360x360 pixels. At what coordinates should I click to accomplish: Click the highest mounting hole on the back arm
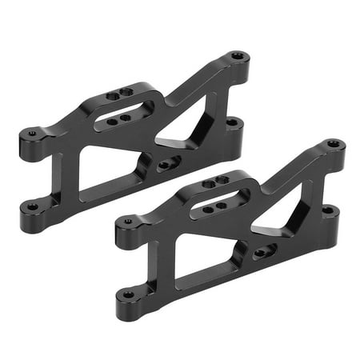tap(238, 57)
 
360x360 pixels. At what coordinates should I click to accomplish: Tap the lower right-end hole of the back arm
tap(232, 122)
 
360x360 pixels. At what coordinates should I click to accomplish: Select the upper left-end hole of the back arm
tap(32, 134)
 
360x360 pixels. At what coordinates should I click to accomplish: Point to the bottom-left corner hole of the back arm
tap(33, 206)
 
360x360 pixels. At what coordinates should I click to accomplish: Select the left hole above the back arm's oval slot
tap(112, 97)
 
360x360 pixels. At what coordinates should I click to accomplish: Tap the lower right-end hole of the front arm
tap(327, 210)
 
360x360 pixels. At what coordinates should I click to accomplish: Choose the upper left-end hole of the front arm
tap(128, 222)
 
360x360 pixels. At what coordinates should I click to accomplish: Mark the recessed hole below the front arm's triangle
tap(262, 253)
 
